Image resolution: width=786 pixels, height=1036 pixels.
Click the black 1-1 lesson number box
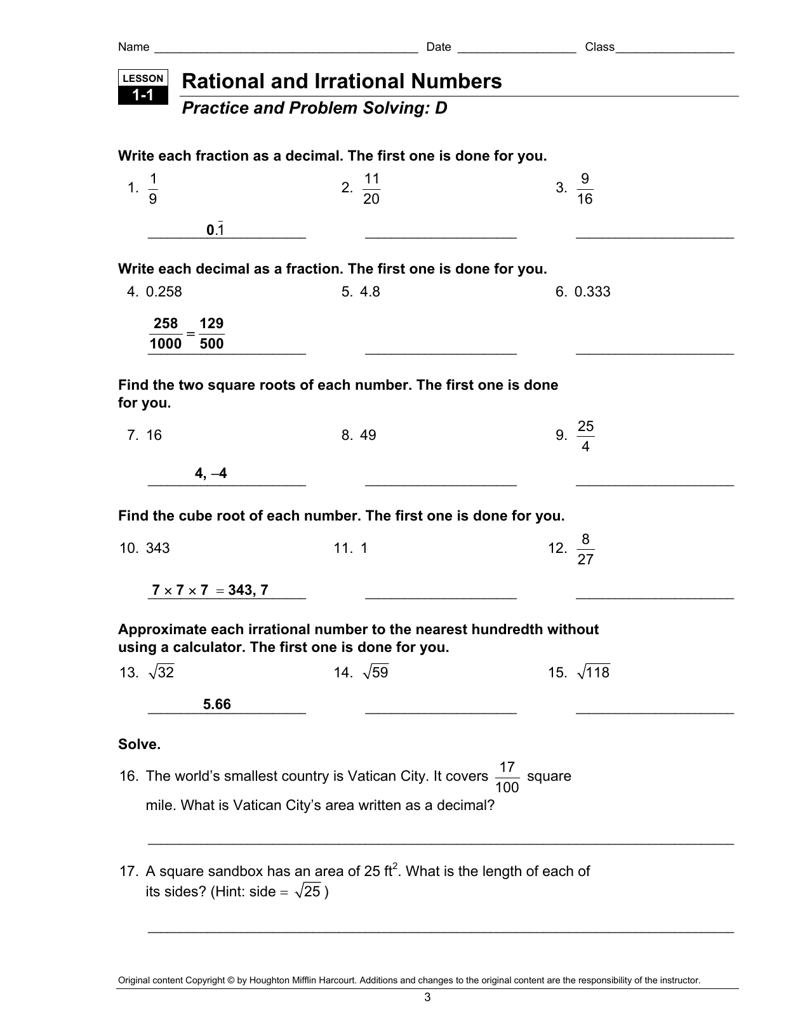(x=143, y=96)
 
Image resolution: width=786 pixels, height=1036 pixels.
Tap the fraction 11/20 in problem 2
(x=371, y=189)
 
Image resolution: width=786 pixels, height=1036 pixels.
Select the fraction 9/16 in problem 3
(x=585, y=189)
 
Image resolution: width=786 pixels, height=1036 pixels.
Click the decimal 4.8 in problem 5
(x=370, y=291)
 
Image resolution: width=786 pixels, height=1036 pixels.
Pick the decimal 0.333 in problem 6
(x=592, y=291)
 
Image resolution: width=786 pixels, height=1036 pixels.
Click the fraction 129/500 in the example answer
(x=211, y=333)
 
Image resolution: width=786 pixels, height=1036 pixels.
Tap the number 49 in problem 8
(x=368, y=435)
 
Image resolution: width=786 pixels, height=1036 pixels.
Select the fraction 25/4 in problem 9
(x=585, y=436)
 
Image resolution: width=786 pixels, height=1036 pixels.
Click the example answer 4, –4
(x=211, y=474)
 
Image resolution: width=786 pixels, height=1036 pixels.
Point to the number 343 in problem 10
(x=157, y=548)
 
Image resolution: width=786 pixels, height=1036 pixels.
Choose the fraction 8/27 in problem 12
(x=585, y=549)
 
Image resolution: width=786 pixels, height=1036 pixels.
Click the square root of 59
(x=375, y=672)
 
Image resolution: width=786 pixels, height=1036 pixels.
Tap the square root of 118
(x=593, y=672)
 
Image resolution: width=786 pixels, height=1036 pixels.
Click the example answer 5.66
(x=216, y=704)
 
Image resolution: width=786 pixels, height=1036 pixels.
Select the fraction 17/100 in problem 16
(x=507, y=778)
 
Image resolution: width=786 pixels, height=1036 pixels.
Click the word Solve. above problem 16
(x=139, y=745)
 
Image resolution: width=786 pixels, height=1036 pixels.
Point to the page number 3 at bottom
(x=427, y=997)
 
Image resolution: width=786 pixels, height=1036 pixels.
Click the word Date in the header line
(x=438, y=47)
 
